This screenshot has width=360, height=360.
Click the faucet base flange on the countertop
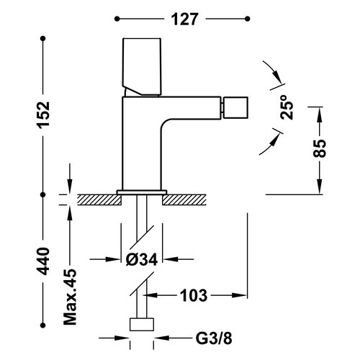[142, 192]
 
